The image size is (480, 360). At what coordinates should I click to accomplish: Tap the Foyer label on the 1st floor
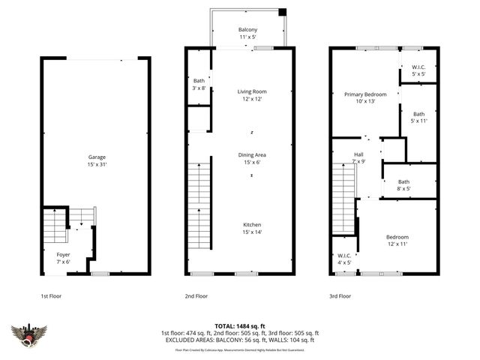tap(63, 258)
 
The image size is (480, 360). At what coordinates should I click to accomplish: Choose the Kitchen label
tap(251, 229)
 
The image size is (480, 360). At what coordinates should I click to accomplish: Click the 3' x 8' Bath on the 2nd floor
tap(199, 84)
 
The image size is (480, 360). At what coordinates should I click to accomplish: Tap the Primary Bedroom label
tap(365, 97)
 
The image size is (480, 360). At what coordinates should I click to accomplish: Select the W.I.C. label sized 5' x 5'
tap(418, 71)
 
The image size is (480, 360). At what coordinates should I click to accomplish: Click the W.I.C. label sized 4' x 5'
tap(343, 259)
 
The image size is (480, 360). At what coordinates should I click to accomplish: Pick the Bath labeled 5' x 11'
tap(418, 117)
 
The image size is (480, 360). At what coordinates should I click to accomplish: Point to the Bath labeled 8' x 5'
tap(403, 184)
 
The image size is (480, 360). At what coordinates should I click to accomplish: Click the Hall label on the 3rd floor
tap(358, 158)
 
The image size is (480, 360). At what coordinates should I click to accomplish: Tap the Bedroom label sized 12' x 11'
tap(397, 241)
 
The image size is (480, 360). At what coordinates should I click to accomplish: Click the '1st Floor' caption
tap(50, 296)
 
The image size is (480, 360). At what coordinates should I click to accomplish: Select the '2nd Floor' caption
tap(195, 296)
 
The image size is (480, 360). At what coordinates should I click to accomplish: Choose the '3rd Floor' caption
tap(340, 296)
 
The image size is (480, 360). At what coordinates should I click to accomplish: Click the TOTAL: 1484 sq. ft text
tap(239, 326)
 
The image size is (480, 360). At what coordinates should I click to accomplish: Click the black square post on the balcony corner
tap(282, 12)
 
